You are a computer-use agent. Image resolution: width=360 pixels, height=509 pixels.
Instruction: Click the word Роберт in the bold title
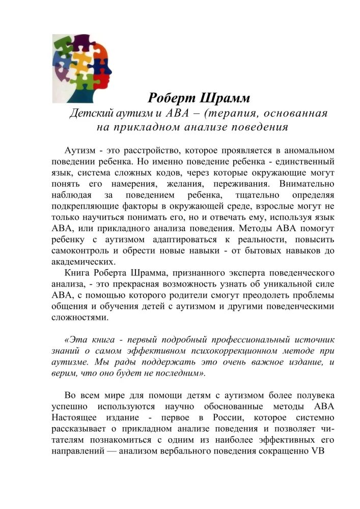171,97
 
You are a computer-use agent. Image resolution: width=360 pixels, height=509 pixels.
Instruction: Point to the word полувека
313,394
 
